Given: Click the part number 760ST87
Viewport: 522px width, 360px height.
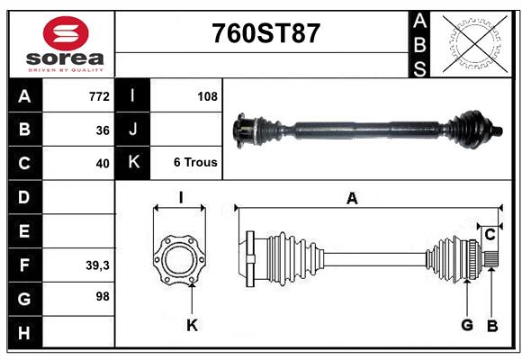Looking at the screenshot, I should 265,34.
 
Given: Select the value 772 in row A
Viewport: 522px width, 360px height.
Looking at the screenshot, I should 99,95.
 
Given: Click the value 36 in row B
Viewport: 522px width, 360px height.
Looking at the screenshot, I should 103,130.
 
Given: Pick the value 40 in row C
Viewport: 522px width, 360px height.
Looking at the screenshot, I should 103,164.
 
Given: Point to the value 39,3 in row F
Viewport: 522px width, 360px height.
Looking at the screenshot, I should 97,265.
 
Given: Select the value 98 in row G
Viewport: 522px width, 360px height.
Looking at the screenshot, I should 103,295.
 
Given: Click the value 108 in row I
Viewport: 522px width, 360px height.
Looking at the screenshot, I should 207,95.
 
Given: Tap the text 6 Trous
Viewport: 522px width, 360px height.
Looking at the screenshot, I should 195,163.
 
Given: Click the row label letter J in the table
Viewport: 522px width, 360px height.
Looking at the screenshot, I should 132,130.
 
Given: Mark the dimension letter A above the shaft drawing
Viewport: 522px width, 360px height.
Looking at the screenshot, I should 352,199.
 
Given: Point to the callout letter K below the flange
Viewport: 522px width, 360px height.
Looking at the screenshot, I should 192,326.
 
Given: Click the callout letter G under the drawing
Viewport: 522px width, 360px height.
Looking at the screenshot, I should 467,325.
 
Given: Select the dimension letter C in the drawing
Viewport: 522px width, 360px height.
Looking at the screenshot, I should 490,235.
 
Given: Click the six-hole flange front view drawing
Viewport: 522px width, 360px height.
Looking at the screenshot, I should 179,258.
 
